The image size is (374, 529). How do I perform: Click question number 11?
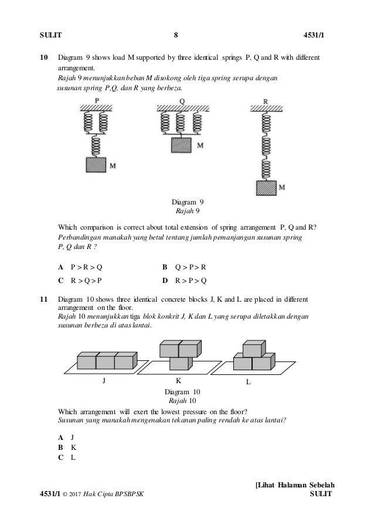[x=42, y=300]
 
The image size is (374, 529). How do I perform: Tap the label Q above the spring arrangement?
[x=182, y=101]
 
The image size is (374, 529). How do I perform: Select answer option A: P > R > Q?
[x=81, y=267]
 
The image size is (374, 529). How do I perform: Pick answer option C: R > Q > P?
[x=81, y=280]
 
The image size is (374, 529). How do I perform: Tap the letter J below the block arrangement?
[x=104, y=381]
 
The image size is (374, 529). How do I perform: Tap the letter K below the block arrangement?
[x=178, y=381]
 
